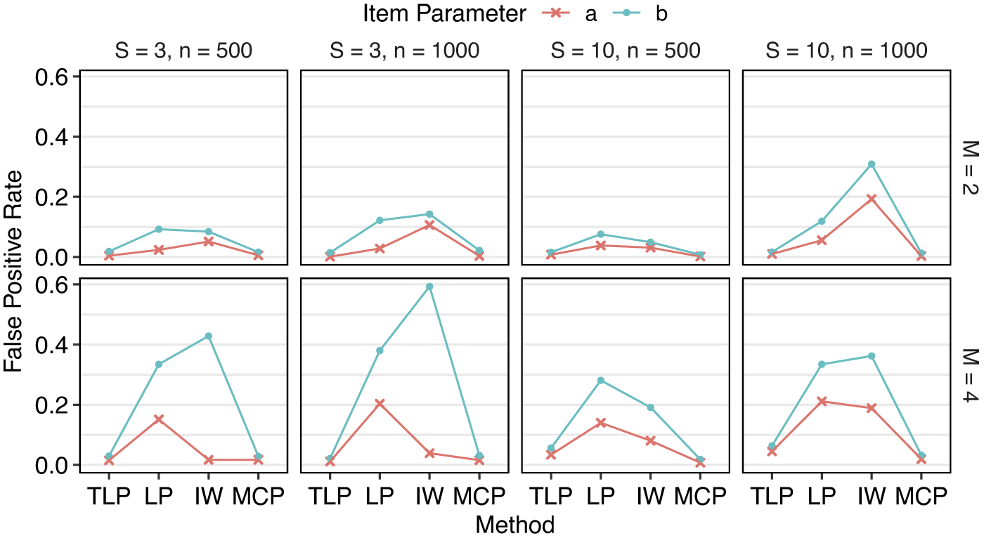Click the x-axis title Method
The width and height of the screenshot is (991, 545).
pyautogui.click(x=514, y=525)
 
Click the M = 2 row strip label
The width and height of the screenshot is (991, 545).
pyautogui.click(x=968, y=167)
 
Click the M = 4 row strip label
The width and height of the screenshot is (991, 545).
pyautogui.click(x=968, y=375)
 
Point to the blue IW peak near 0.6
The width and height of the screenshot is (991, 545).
pyautogui.click(x=429, y=287)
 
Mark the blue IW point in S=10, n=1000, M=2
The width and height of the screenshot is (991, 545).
pyautogui.click(x=872, y=164)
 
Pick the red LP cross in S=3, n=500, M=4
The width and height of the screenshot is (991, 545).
pyautogui.click(x=159, y=419)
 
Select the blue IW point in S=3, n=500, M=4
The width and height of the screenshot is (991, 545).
pyautogui.click(x=209, y=336)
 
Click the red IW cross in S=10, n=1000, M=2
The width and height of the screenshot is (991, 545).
pyautogui.click(x=872, y=199)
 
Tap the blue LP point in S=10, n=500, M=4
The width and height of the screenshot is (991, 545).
pyautogui.click(x=600, y=381)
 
